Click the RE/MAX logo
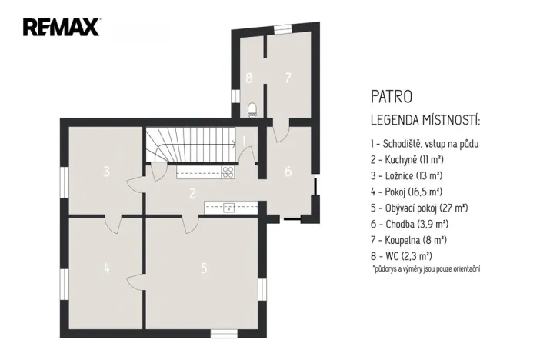point(62,28)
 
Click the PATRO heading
point(391,98)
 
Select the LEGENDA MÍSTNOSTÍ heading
point(425,121)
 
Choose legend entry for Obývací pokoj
point(419,208)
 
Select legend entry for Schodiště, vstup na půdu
point(429,143)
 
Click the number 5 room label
point(204,268)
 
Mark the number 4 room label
point(107,268)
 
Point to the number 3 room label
point(107,171)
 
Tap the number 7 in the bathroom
point(288,77)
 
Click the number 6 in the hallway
point(288,171)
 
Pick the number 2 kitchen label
point(193,193)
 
